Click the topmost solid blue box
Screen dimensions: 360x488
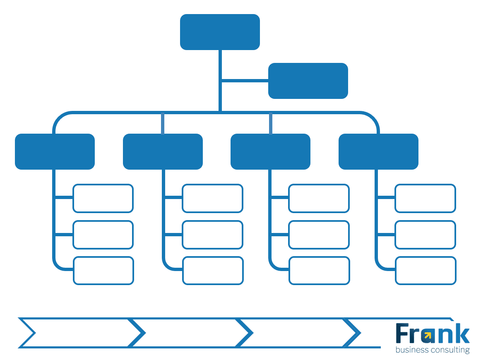(x=220, y=32)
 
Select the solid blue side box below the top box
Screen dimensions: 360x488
(x=308, y=81)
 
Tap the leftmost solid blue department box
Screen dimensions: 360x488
(x=55, y=151)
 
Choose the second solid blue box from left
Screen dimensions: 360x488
(x=163, y=151)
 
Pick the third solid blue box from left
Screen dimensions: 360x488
(x=270, y=151)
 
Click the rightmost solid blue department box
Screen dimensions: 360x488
(x=378, y=151)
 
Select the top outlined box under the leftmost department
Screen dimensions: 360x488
(x=103, y=199)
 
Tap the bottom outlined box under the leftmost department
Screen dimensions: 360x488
(x=103, y=271)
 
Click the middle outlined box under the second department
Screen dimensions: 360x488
(x=212, y=235)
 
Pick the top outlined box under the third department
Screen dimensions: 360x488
(x=319, y=199)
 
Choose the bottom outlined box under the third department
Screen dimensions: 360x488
(x=319, y=271)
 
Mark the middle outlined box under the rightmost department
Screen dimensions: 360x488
(x=425, y=235)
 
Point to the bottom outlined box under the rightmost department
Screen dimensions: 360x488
(x=425, y=271)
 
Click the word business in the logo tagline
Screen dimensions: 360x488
(x=413, y=350)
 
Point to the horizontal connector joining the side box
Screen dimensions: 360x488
(x=245, y=80)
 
